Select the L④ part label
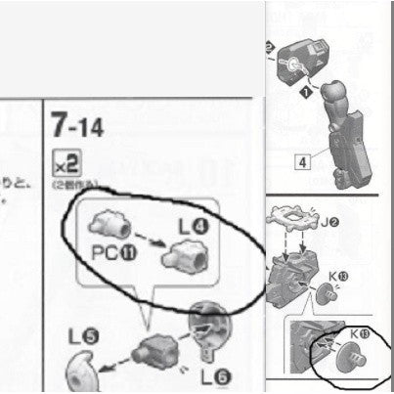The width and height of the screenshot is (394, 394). click(x=194, y=226)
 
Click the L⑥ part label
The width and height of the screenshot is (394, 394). click(x=215, y=376)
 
